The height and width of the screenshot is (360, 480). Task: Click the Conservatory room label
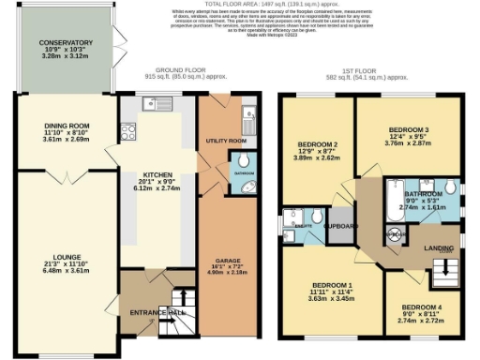66,43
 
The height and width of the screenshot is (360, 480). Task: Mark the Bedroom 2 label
317,144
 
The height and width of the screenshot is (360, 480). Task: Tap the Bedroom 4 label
419,307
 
